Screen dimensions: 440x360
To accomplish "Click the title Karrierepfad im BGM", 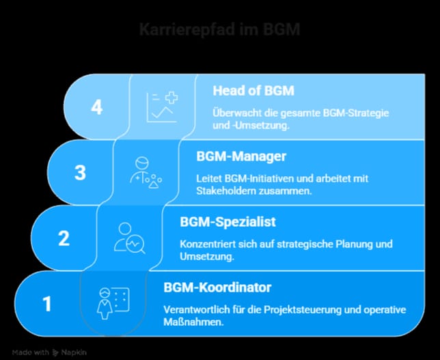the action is pyautogui.click(x=220, y=29).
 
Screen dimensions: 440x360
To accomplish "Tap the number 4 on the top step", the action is pyautogui.click(x=97, y=107).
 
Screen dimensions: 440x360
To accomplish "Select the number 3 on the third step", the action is pyautogui.click(x=80, y=173).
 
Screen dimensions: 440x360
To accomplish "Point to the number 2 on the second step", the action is pyautogui.click(x=64, y=238).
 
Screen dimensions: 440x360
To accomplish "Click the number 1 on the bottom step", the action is pyautogui.click(x=47, y=304).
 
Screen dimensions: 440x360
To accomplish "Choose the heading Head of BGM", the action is pyautogui.click(x=253, y=91).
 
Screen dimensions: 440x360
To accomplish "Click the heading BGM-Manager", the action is pyautogui.click(x=241, y=156).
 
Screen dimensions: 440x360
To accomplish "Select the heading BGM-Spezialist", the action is pyautogui.click(x=228, y=221).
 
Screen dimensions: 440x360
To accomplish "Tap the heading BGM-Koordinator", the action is pyautogui.click(x=217, y=288).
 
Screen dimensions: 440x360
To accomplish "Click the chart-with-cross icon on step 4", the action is pyautogui.click(x=163, y=107).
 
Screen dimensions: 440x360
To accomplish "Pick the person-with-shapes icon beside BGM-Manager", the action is pyautogui.click(x=146, y=172).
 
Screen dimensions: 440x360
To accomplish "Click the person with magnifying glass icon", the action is pyautogui.click(x=130, y=238).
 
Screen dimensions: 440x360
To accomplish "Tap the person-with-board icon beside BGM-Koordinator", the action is pyautogui.click(x=113, y=303).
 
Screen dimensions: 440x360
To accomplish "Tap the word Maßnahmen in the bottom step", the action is pyautogui.click(x=193, y=322).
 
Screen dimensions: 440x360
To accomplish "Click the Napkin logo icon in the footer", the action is pyautogui.click(x=55, y=352).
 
